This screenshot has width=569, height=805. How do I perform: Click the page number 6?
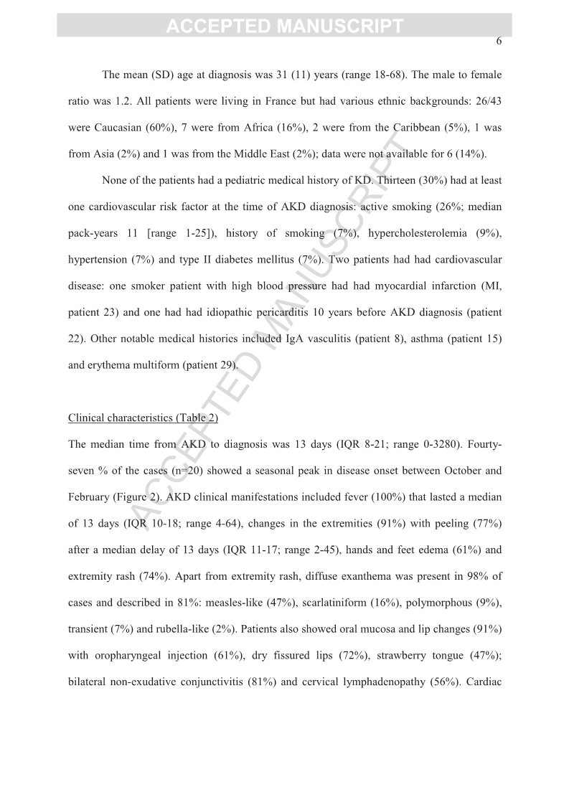click(x=498, y=41)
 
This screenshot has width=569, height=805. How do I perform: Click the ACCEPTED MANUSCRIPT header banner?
click(x=284, y=27)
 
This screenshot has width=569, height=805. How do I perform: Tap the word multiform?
click(x=166, y=365)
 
